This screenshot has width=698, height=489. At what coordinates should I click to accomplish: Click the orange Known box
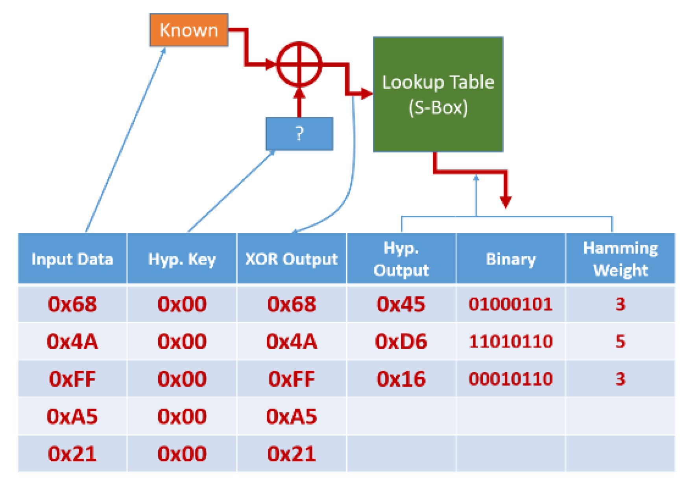tap(188, 30)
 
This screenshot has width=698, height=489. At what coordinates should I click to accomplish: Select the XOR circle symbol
tap(299, 64)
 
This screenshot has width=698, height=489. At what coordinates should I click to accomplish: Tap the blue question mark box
tap(299, 134)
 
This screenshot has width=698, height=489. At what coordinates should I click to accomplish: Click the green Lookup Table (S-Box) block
tap(438, 94)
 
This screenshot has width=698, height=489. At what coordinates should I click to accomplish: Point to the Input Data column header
tap(72, 259)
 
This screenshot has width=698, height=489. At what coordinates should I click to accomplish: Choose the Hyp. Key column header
tap(182, 259)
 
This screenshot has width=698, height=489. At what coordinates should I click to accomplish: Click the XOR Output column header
tap(292, 259)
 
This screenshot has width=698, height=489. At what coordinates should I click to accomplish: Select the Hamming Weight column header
tap(620, 259)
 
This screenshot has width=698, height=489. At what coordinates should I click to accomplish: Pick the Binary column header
tap(511, 259)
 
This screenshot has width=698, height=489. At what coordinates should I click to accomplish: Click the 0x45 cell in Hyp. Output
tap(401, 304)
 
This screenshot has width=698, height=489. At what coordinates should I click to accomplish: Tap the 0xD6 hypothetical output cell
tap(401, 341)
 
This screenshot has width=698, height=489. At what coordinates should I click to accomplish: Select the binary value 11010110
tap(511, 341)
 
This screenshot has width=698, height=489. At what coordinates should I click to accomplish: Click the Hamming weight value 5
tap(620, 341)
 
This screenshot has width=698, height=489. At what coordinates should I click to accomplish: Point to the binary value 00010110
tap(511, 379)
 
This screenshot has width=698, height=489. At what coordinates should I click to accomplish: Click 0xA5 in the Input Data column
tap(72, 416)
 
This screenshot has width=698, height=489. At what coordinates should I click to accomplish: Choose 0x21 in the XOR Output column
tap(292, 454)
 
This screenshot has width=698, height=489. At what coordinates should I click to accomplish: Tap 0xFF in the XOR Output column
tap(292, 379)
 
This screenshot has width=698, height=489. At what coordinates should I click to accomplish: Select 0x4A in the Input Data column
tap(72, 341)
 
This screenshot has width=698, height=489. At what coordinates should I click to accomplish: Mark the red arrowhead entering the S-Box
tap(366, 94)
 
